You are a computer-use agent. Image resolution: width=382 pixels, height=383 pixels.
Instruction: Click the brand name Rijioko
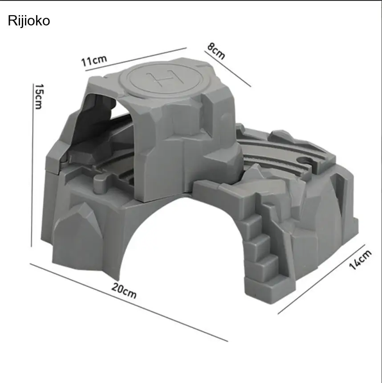pyautogui.click(x=29, y=21)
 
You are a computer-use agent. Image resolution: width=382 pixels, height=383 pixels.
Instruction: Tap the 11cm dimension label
pyautogui.click(x=94, y=60)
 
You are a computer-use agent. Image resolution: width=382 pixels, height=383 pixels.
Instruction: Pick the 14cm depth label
pyautogui.click(x=360, y=260)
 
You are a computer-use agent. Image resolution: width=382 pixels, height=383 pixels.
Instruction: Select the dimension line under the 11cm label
pyautogui.click(x=136, y=59)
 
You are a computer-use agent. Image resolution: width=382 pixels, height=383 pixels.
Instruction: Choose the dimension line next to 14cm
pyautogui.click(x=321, y=279)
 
